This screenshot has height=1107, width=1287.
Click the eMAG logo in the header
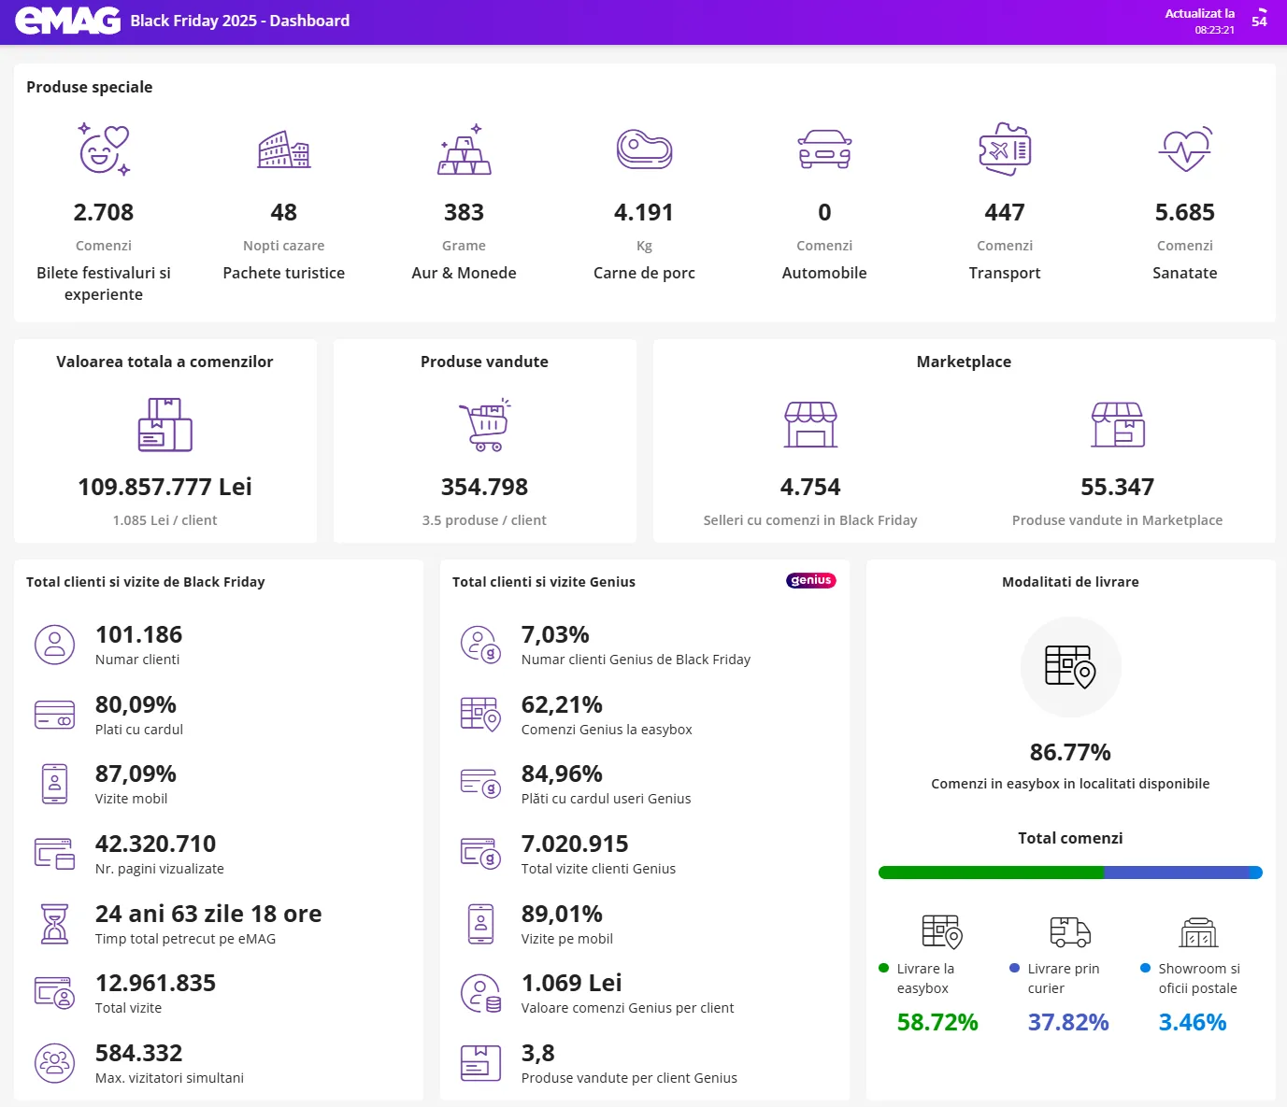(68, 21)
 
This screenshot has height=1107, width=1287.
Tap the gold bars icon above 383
(465, 150)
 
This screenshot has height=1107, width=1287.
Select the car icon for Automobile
(824, 149)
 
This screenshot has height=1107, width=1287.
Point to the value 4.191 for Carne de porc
(644, 213)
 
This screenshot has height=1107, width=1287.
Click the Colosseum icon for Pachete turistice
(284, 149)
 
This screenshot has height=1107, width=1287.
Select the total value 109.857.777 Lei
(164, 487)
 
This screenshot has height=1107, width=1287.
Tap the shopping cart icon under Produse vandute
(484, 425)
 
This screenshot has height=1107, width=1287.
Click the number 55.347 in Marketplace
(1117, 487)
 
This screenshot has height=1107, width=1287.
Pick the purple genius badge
(810, 580)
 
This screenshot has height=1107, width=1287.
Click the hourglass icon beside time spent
(55, 923)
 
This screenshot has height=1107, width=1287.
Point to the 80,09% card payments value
(136, 704)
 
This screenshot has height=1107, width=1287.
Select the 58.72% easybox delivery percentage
(937, 1022)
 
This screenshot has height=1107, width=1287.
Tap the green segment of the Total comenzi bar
(991, 873)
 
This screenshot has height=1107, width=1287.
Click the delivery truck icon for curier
(1070, 931)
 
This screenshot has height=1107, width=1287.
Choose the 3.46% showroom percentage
(1192, 1022)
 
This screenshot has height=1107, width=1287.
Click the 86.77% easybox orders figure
(1070, 752)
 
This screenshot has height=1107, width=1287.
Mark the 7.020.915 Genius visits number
(575, 844)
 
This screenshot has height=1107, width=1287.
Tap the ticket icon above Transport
(1005, 149)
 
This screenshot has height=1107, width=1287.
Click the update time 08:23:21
(1214, 30)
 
